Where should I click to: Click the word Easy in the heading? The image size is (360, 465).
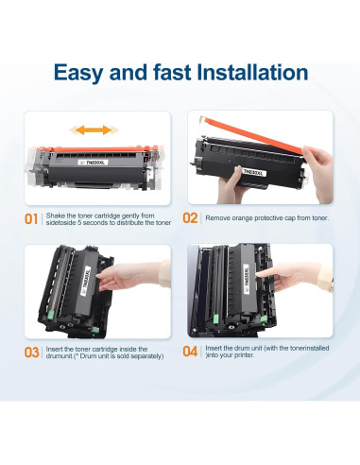tap(78, 73)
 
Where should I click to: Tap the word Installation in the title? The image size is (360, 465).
tap(252, 73)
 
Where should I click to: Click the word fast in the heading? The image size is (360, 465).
tap(172, 73)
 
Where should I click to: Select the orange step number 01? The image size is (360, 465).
tap(31, 219)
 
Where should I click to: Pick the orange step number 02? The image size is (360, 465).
tap(190, 218)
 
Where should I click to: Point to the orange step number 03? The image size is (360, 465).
tap(31, 353)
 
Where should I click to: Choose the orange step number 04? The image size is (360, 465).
tap(190, 352)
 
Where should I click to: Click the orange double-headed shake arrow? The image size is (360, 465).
tap(94, 129)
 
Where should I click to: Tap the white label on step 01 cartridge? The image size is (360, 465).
tap(94, 163)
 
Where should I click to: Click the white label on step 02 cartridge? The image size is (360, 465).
tap(254, 172)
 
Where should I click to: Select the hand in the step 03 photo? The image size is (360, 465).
tap(132, 276)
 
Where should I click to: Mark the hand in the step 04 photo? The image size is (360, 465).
tap(293, 276)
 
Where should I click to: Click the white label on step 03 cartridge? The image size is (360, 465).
tap(86, 281)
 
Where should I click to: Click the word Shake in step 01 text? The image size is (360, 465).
tap(56, 215)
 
